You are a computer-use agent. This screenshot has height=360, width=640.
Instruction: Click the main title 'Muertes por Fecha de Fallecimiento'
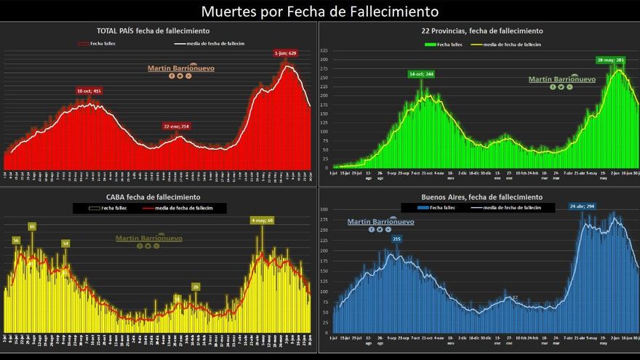pyautogui.click(x=320, y=11)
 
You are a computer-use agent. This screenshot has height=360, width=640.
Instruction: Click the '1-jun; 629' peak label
pyautogui.click(x=285, y=53)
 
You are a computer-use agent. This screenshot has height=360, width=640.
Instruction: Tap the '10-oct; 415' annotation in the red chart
pyautogui.click(x=89, y=91)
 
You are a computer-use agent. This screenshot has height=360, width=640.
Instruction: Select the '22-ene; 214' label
pyautogui.click(x=175, y=127)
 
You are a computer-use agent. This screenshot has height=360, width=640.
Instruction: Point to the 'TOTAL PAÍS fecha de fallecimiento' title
pyautogui.click(x=153, y=31)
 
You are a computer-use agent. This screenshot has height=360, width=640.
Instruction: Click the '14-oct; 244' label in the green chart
pyautogui.click(x=421, y=74)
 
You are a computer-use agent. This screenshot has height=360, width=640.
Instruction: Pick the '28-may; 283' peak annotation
pyautogui.click(x=610, y=60)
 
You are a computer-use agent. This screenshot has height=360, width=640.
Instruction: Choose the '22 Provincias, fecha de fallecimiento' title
pyautogui.click(x=481, y=31)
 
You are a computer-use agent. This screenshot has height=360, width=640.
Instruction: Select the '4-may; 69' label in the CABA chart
pyautogui.click(x=262, y=220)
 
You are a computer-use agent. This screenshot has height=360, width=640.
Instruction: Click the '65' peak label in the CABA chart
pyautogui.click(x=32, y=226)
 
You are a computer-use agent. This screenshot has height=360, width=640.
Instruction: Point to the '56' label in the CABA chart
pyautogui.click(x=16, y=240)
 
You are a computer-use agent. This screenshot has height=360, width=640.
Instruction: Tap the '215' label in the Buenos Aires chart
pyautogui.click(x=397, y=239)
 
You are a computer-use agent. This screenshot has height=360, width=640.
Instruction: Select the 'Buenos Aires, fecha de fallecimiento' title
pyautogui.click(x=481, y=197)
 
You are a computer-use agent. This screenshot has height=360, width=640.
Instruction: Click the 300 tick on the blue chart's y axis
pyautogui.click(x=325, y=209)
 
